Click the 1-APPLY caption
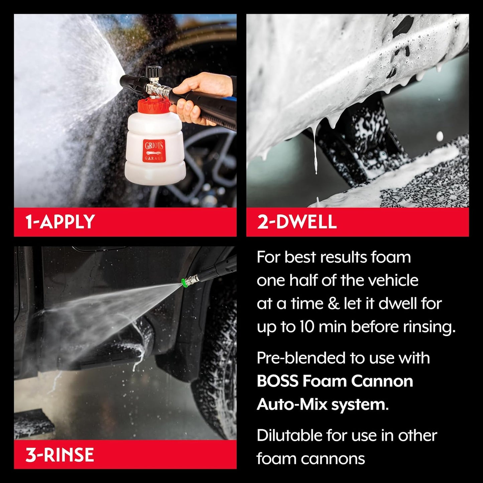pos(60,222)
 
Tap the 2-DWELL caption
pos(297,222)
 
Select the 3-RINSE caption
pos(59,455)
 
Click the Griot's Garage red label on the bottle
pos(154,151)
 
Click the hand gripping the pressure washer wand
pos(197,97)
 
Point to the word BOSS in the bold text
pos(277,381)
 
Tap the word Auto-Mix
pos(292,405)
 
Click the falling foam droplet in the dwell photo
pos(440,136)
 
